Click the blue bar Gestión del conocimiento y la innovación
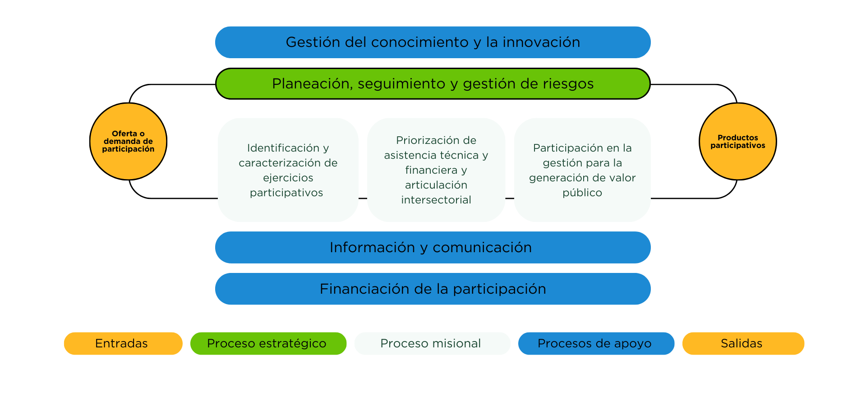tap(433, 42)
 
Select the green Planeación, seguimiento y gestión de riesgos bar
tap(433, 83)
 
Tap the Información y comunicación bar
tap(433, 247)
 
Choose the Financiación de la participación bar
tap(433, 289)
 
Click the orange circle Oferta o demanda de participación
tap(128, 141)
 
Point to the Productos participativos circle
tap(738, 141)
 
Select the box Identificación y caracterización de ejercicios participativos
tap(288, 170)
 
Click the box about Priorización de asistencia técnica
tap(436, 170)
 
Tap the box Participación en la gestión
tap(582, 170)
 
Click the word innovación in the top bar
tap(541, 42)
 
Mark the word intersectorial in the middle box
tap(436, 200)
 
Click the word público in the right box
tap(582, 193)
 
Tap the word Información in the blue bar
tap(372, 247)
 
